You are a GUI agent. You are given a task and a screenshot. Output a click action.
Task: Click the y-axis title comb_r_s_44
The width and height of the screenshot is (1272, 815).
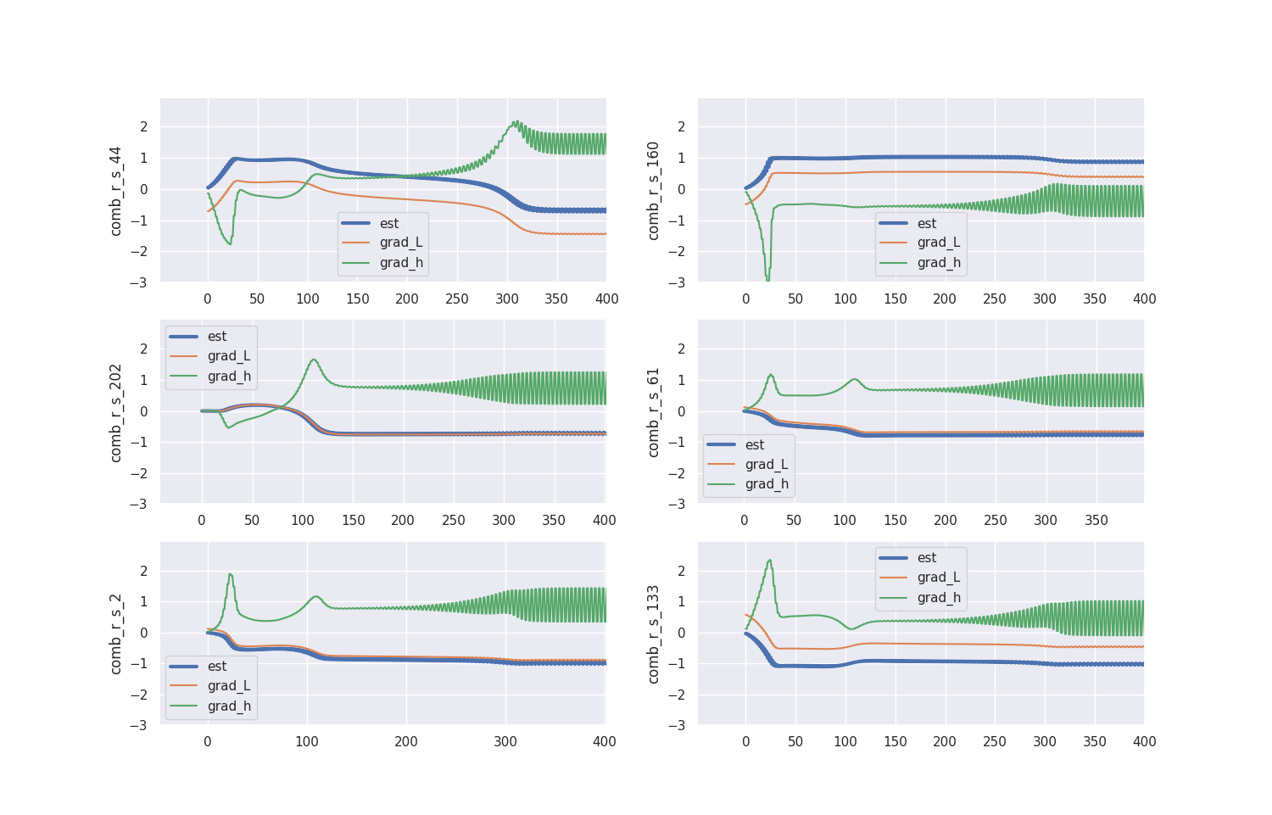click(116, 191)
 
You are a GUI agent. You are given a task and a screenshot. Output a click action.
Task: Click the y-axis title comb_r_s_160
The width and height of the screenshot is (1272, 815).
click(653, 191)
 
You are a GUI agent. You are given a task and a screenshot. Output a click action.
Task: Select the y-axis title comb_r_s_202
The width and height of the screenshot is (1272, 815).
click(116, 413)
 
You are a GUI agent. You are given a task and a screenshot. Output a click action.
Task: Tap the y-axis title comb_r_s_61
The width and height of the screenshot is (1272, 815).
click(653, 413)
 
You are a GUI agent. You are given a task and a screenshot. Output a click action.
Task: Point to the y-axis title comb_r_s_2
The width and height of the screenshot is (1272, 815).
click(116, 634)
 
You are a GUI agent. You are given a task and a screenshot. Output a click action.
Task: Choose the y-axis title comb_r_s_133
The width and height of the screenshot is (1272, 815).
click(653, 634)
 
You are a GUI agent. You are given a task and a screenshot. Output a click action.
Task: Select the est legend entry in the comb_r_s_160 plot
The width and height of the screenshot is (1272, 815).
click(926, 224)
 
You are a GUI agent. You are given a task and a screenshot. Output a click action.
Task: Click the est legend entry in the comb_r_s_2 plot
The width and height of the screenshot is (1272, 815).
click(217, 667)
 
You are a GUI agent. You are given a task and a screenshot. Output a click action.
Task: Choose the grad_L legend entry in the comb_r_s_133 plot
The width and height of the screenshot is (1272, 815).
click(938, 578)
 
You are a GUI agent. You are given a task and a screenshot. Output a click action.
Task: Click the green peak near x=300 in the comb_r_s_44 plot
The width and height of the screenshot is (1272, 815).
click(516, 121)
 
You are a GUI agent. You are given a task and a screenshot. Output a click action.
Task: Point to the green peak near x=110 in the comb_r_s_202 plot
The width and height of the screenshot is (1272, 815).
click(314, 360)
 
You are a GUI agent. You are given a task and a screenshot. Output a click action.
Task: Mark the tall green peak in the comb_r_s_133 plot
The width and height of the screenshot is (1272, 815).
click(769, 560)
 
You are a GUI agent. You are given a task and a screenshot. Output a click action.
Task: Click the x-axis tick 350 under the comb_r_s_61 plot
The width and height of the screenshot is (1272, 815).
click(1096, 521)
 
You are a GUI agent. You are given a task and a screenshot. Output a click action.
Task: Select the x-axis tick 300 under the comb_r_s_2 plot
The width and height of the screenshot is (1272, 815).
click(505, 742)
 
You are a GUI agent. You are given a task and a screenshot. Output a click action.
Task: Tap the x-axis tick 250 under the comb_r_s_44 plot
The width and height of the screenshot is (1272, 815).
click(457, 299)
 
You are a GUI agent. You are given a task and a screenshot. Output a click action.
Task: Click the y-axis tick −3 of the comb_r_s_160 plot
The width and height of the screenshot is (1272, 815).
click(678, 282)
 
